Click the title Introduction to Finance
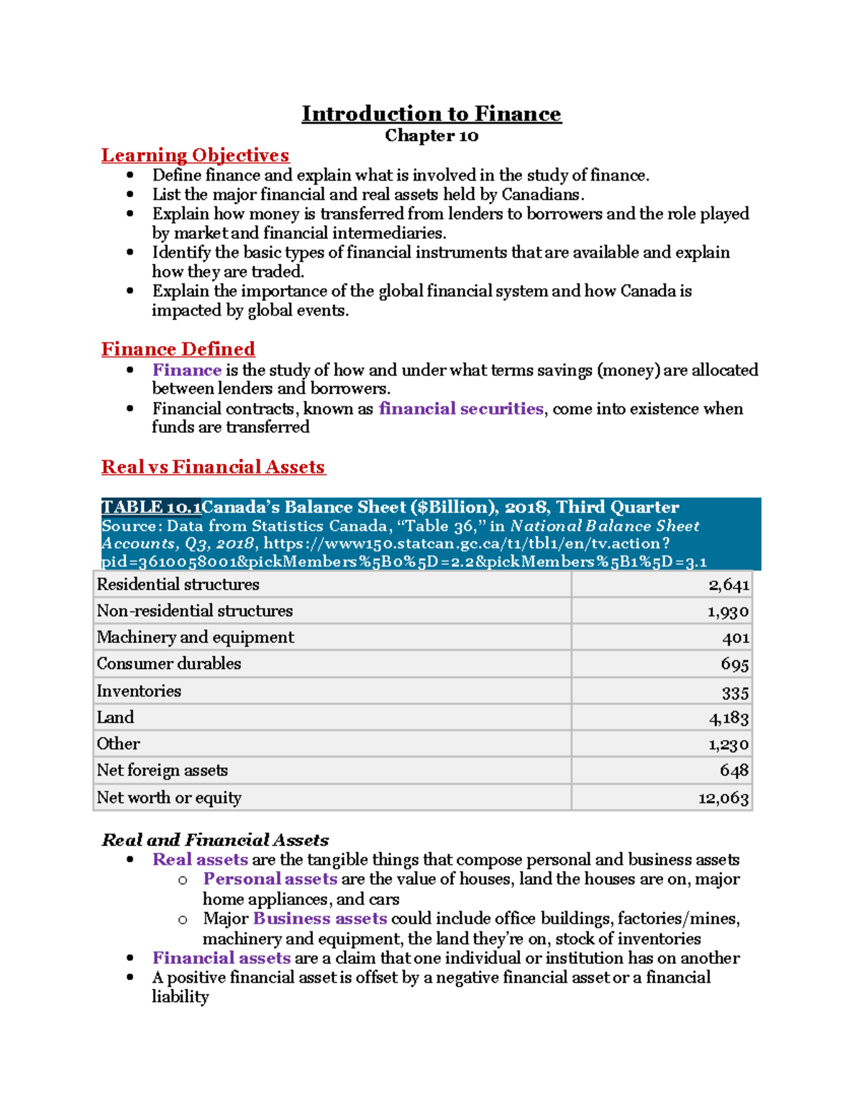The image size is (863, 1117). click(x=431, y=114)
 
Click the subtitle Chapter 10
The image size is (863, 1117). click(x=431, y=136)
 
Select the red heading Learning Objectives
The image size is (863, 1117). click(x=195, y=155)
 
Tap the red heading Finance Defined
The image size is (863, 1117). click(x=178, y=349)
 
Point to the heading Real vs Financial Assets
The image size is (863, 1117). click(x=213, y=467)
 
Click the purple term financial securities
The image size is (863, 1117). click(x=460, y=409)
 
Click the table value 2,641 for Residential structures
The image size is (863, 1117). click(x=729, y=585)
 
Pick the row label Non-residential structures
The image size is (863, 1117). click(x=195, y=611)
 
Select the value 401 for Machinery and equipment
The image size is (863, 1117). click(x=736, y=638)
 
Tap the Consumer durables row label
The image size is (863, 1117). click(x=169, y=663)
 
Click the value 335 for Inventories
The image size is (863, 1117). click(x=736, y=693)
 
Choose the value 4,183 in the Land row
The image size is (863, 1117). click(x=729, y=718)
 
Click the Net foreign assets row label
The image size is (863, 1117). click(x=163, y=770)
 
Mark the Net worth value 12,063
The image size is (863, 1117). click(x=723, y=798)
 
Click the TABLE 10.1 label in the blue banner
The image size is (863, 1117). click(x=151, y=507)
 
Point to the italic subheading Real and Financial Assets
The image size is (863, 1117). click(x=215, y=839)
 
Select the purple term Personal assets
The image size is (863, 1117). click(x=270, y=879)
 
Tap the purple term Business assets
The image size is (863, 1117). click(x=320, y=918)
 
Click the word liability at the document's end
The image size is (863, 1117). click(x=180, y=997)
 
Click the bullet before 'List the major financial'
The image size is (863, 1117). click(x=130, y=195)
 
